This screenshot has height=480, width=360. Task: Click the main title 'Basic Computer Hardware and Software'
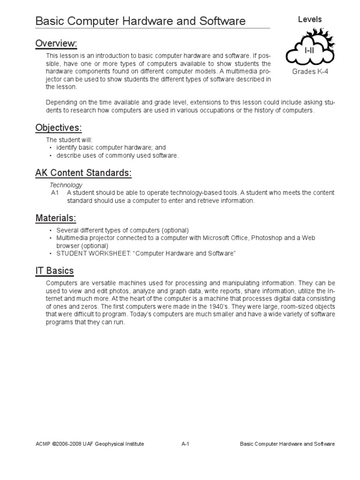click(141, 21)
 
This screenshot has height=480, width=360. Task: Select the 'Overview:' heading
click(56, 44)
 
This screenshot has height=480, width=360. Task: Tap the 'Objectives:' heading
click(59, 128)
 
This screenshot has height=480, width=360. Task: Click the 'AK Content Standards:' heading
click(83, 173)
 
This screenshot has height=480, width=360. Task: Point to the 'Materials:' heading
click(55, 218)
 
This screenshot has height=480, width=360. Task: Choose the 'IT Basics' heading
click(54, 271)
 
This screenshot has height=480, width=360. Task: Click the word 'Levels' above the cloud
click(310, 19)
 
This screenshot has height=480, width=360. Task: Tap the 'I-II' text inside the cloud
click(309, 50)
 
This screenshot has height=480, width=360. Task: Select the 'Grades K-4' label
click(310, 71)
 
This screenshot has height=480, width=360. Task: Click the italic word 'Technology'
click(66, 185)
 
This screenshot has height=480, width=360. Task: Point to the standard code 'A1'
click(55, 193)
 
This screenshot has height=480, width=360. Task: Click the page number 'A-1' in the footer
click(184, 444)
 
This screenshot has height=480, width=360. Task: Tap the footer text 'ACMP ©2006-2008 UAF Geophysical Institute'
click(90, 444)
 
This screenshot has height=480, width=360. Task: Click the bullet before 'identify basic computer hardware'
click(51, 148)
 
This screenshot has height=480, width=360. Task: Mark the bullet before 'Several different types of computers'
click(51, 231)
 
